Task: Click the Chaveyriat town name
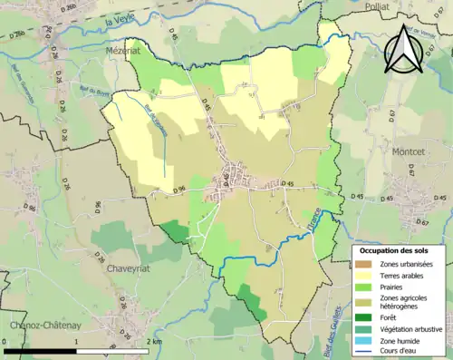click(134, 269)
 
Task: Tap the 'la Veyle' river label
click(119, 21)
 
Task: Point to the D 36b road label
click(59, 10)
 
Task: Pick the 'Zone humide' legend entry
click(402, 340)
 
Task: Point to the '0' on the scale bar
click(5, 341)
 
